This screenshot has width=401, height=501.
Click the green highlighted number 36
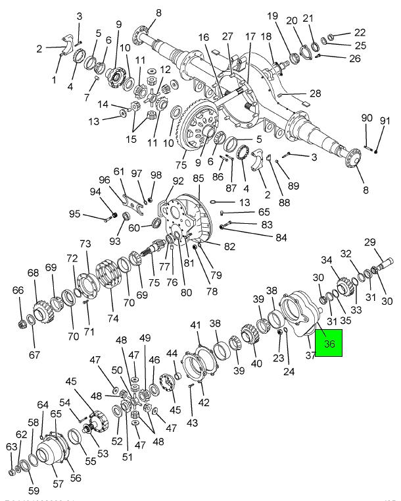(x=329, y=343)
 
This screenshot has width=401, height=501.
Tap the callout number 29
(x=388, y=242)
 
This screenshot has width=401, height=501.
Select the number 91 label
(x=385, y=120)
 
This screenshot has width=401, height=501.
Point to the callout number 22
(x=360, y=32)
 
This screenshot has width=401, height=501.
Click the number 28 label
(x=296, y=93)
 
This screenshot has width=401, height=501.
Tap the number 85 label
(x=199, y=178)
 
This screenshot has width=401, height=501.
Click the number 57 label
(x=58, y=484)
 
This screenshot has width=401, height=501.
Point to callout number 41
(x=195, y=325)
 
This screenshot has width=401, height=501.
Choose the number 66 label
(x=18, y=290)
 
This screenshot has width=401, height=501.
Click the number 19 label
(x=273, y=16)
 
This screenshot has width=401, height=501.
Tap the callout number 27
(x=227, y=36)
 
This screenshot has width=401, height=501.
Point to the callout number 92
(x=178, y=181)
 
